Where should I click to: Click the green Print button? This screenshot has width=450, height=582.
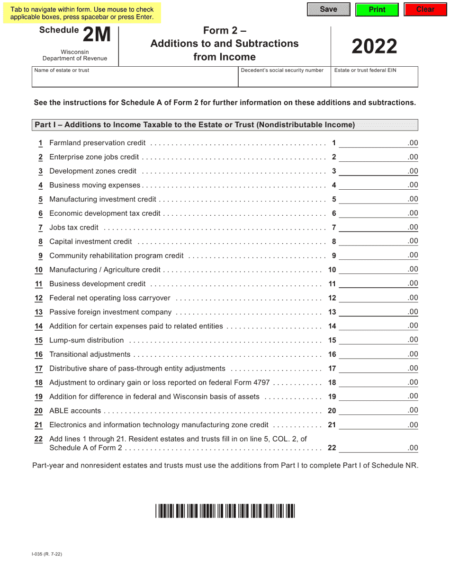click(x=377, y=9)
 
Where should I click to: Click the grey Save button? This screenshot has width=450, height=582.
click(x=328, y=9)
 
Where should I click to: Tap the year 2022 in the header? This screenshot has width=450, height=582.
click(x=374, y=46)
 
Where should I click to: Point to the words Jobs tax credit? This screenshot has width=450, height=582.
click(x=74, y=228)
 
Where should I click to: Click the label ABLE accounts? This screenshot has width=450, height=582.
click(x=75, y=411)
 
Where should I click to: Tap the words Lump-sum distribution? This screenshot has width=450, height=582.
click(x=86, y=340)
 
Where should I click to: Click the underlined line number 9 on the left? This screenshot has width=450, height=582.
click(x=40, y=256)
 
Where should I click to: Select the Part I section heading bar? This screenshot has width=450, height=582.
click(x=225, y=125)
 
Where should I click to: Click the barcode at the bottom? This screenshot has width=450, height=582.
click(x=225, y=511)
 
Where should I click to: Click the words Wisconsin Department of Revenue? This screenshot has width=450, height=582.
click(x=75, y=55)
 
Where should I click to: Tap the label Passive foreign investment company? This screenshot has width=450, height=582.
click(x=110, y=312)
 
